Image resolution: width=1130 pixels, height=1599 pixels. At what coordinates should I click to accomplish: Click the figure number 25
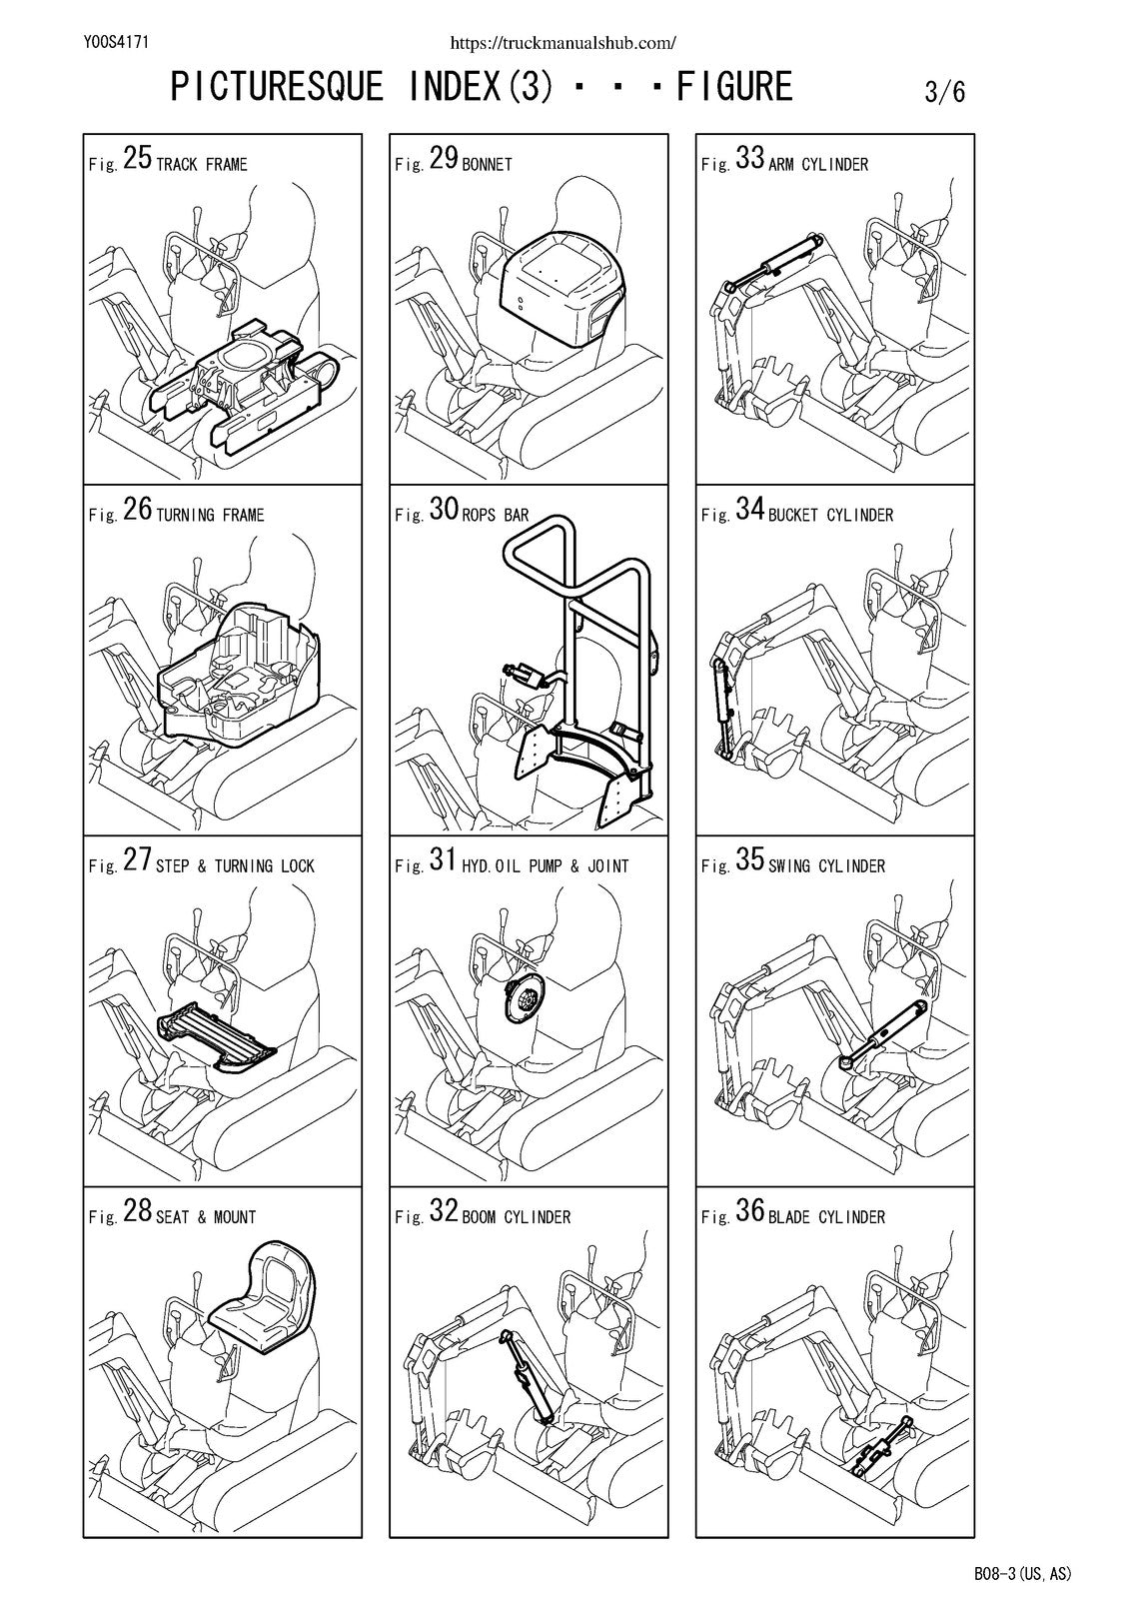pos(137,158)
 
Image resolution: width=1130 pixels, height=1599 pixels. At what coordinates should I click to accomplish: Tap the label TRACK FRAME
pos(201,165)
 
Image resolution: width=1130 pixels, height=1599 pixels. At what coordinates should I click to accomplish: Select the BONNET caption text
pos(487,165)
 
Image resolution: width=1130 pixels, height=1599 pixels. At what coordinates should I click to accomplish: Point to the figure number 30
pos(444,509)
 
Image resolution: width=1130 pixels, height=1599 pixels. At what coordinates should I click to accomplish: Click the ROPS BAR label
pos(496,516)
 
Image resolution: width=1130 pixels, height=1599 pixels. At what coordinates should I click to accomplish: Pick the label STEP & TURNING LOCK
pos(235,866)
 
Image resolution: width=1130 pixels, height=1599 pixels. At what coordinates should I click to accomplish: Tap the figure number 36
pos(749,1211)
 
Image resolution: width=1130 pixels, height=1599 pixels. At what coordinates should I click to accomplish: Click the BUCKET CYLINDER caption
pos(831,516)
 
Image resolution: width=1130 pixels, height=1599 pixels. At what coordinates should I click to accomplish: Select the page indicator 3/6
pos(945,92)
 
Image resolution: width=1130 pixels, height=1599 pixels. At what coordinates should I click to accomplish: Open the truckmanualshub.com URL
pos(564,43)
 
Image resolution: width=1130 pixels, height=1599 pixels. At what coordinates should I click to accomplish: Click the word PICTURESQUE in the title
pos(276,86)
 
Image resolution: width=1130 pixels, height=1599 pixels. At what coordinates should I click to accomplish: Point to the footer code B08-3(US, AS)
pos(1022,1573)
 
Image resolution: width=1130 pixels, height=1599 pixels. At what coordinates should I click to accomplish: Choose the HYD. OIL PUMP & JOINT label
pos(546,866)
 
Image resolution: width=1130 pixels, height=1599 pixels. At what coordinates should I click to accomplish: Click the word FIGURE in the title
pos(734,86)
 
